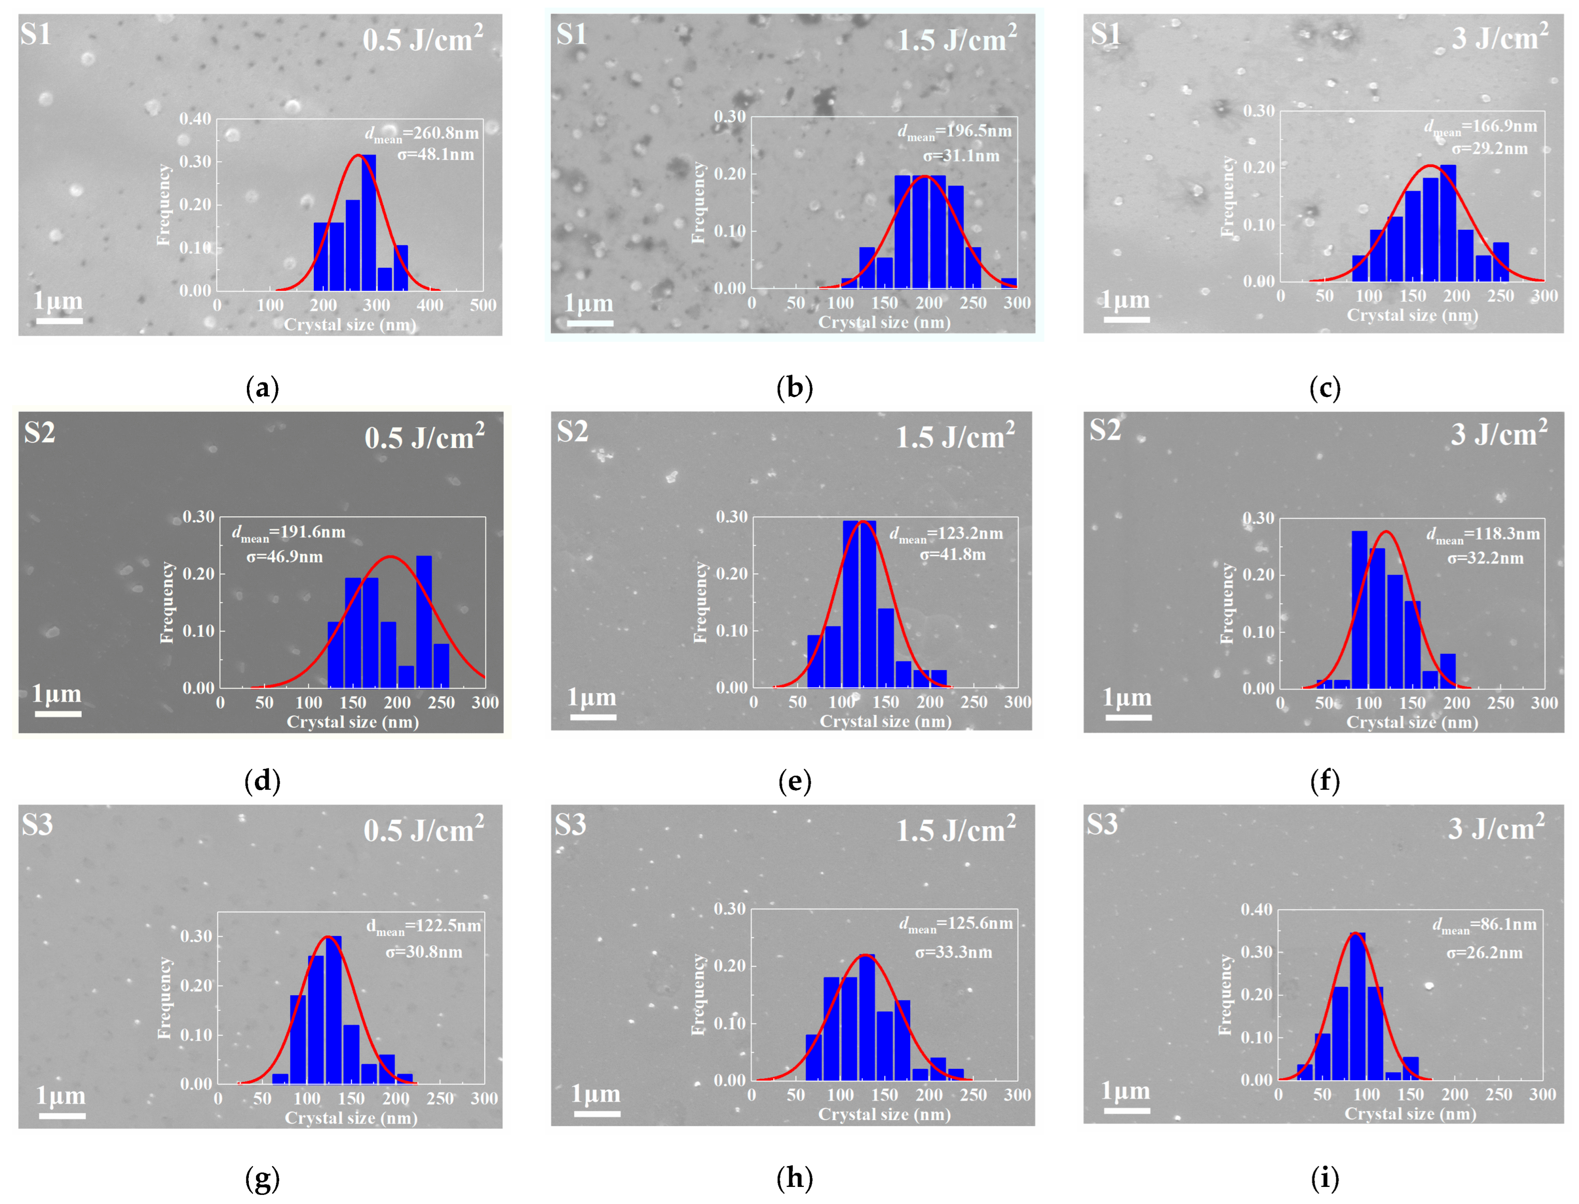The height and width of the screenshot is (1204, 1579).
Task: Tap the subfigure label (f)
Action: tap(1324, 781)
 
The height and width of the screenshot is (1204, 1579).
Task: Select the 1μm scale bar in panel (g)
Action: tap(62, 1115)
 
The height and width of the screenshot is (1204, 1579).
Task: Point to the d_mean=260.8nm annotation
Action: tap(422, 133)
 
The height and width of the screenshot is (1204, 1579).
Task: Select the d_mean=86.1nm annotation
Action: tap(1485, 925)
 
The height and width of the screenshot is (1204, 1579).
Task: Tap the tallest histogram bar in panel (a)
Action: tap(368, 222)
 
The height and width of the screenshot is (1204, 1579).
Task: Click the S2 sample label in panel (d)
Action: tap(39, 432)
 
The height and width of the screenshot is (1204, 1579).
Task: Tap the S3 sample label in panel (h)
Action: tap(571, 824)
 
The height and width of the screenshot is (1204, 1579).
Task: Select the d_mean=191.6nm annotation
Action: tap(288, 532)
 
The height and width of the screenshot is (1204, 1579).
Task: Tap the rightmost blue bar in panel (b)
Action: tap(1008, 282)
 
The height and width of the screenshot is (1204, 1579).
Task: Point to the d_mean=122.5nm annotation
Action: tap(423, 926)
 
